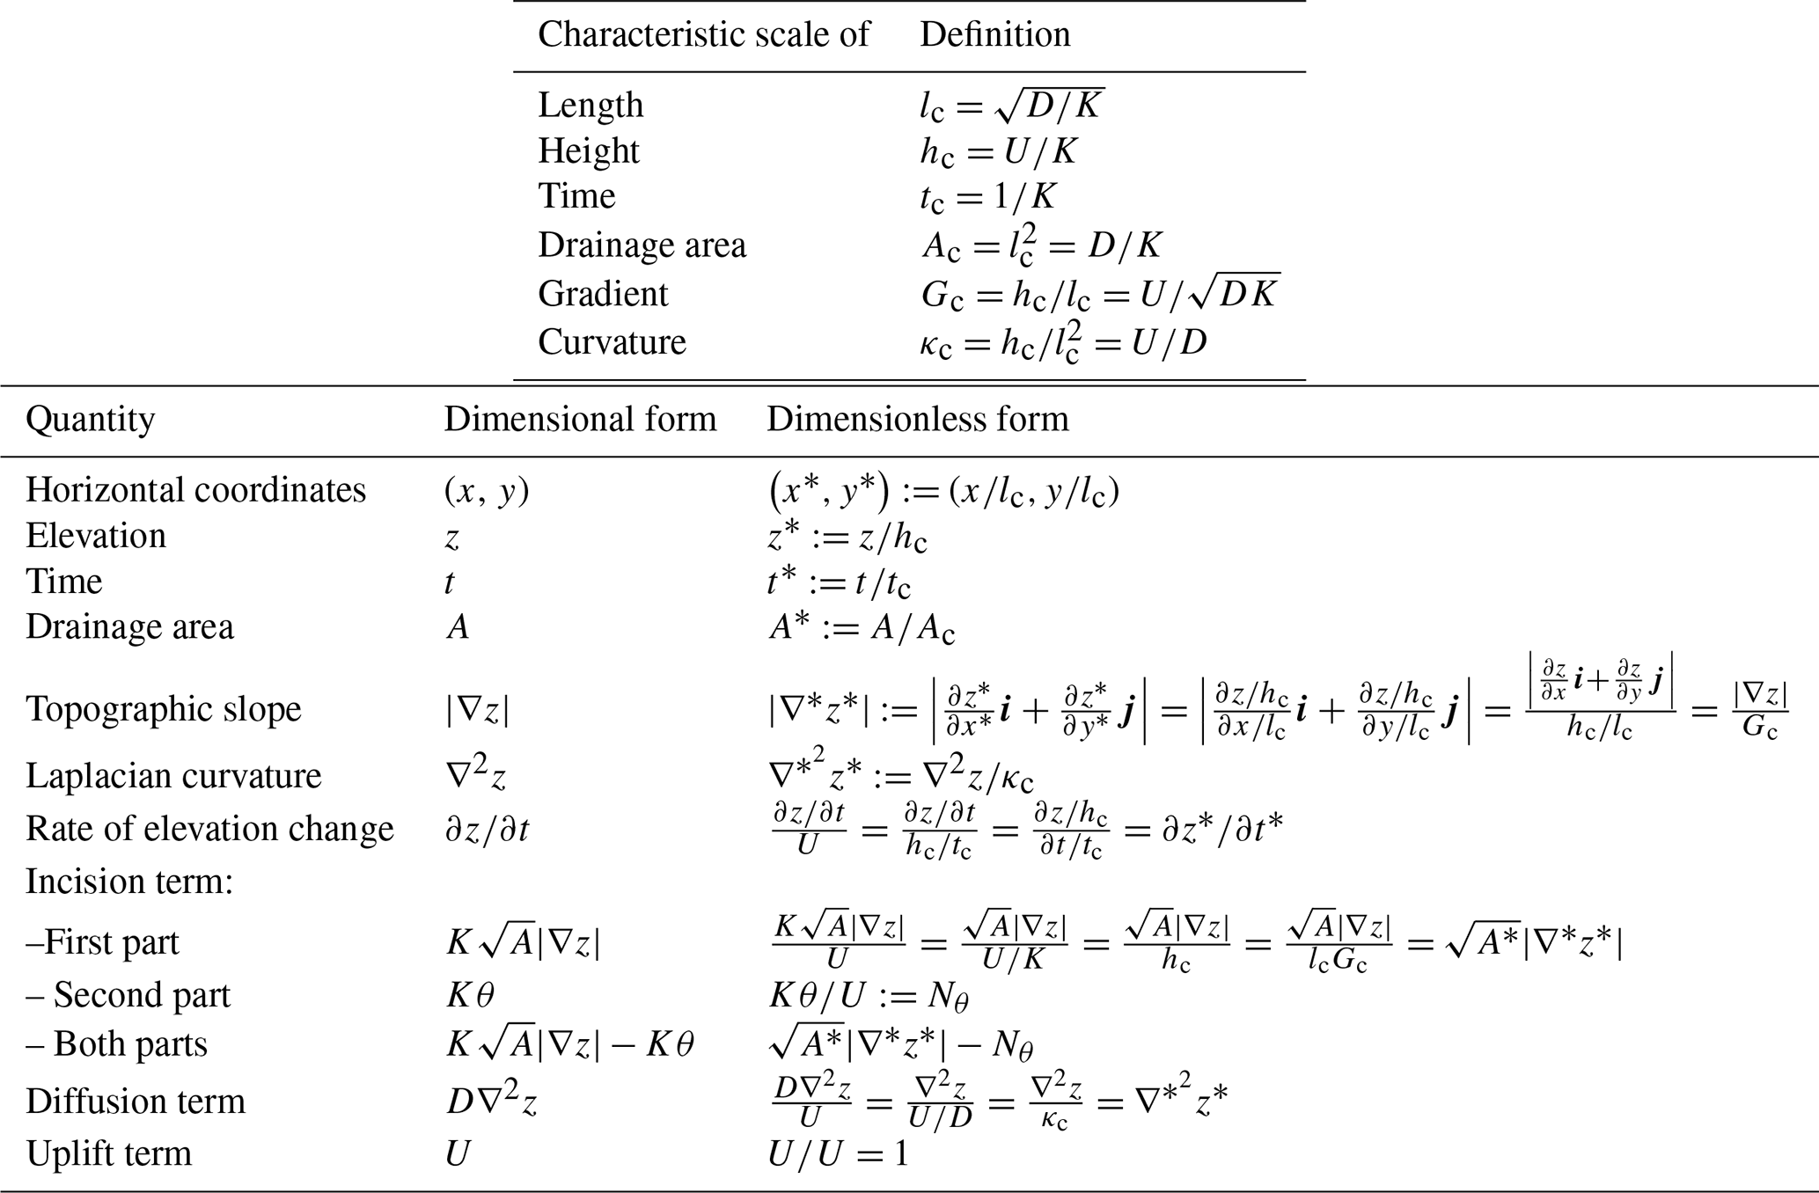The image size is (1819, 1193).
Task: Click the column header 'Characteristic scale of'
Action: pos(703,35)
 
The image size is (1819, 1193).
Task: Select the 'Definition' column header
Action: pos(994,35)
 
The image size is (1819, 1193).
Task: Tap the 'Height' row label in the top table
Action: pos(589,151)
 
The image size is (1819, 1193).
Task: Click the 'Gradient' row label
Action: pos(603,294)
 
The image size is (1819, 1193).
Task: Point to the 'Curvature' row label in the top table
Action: pos(612,342)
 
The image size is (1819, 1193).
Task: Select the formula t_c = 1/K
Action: pos(987,197)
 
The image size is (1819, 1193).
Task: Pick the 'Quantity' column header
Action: pos(90,420)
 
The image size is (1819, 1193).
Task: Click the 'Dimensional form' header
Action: pos(580,420)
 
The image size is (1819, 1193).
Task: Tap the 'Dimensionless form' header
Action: pos(918,420)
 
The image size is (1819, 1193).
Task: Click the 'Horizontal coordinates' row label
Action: pos(195,490)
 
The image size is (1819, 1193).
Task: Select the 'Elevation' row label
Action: pos(96,536)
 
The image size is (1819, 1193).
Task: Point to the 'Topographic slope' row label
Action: pos(164,709)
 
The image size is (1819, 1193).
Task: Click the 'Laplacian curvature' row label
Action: pos(173,776)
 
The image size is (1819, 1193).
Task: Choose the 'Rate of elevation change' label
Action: pos(209,829)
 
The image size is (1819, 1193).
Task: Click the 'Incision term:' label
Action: pos(129,881)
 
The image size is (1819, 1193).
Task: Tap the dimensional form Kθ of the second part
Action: pos(470,995)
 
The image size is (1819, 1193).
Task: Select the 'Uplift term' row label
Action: pos(109,1153)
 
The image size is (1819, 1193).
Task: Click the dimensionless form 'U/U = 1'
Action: pos(837,1153)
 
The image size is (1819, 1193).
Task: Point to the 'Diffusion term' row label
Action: pos(136,1102)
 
